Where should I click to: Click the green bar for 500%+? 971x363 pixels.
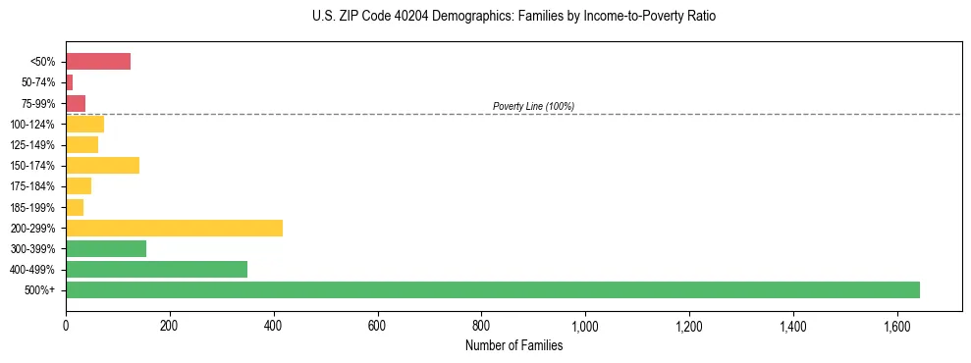point(492,289)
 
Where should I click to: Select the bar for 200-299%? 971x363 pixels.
point(174,228)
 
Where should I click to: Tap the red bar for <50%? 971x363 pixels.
point(98,62)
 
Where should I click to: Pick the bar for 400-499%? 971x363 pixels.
point(156,269)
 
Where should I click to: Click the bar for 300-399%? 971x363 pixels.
point(106,248)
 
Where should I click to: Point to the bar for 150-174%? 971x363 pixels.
point(102,165)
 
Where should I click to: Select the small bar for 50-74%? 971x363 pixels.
point(70,82)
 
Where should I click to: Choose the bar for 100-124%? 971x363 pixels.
point(84,124)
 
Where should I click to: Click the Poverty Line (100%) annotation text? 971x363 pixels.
point(533,106)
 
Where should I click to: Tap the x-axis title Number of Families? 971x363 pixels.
point(513,345)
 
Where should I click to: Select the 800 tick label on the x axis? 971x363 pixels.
point(481,326)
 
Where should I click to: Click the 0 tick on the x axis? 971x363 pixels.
point(66,326)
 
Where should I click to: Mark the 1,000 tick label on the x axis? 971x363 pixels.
point(585,326)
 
